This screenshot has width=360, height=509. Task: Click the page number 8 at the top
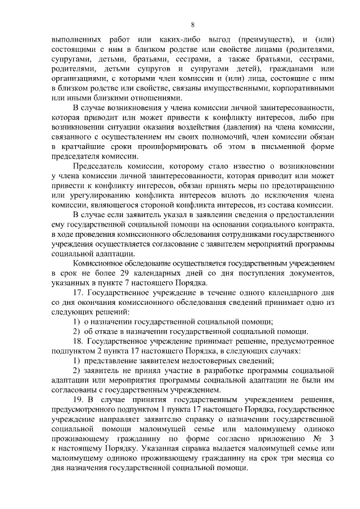click(x=192, y=24)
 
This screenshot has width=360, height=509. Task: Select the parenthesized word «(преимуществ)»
click(x=265, y=40)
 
